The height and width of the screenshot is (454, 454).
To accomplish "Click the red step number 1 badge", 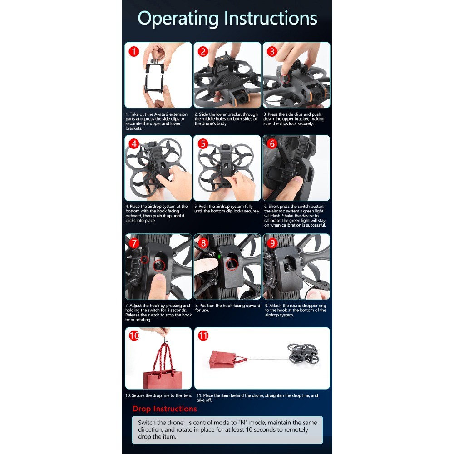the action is (134, 52).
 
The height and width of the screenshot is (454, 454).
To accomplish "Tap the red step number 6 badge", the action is (272, 143).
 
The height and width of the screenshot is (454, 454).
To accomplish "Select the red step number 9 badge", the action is (272, 243).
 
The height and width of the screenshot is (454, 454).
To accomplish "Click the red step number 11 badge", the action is (203, 336).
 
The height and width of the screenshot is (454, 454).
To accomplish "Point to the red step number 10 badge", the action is (134, 336).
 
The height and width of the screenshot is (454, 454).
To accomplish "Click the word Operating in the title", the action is (178, 19).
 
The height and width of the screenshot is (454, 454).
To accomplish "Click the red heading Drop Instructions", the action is (164, 409).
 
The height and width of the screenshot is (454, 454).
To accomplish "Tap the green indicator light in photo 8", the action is (219, 257).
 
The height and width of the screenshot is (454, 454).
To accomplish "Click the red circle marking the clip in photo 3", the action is (285, 79).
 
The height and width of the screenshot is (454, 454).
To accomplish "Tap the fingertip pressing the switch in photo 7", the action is (158, 283).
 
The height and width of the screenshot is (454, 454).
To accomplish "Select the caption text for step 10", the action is (158, 395).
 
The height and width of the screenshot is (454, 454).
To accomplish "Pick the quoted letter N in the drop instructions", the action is (242, 423).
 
